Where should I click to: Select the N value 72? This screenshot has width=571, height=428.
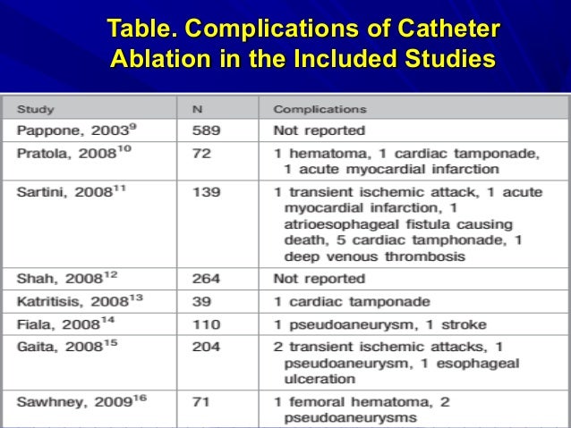[x=201, y=153]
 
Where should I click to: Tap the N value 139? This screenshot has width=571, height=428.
[x=206, y=194]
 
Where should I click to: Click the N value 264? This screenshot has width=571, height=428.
[x=206, y=279]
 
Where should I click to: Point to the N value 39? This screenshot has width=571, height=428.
[x=201, y=302]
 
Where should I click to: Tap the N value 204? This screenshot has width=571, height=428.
[x=206, y=348]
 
